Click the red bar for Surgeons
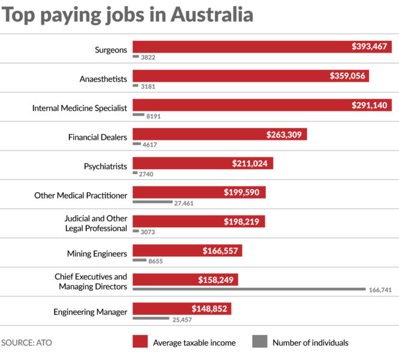(240, 47)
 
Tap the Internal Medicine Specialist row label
(80, 108)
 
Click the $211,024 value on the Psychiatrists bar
(251, 163)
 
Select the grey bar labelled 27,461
(152, 202)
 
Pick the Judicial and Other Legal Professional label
(95, 223)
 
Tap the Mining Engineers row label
(98, 253)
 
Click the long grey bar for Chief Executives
(249, 289)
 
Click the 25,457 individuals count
(184, 319)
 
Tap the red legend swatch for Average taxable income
(139, 342)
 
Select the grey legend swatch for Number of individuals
(259, 342)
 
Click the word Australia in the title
(212, 14)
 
